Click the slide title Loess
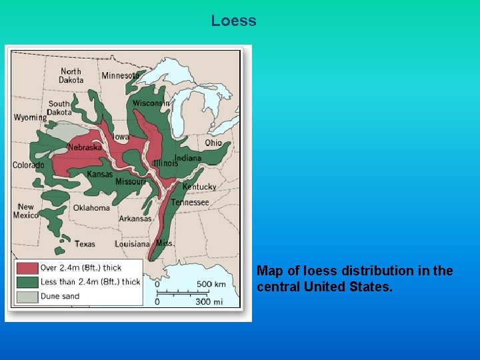point(233,21)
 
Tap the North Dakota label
point(71,76)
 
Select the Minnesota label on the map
point(121,75)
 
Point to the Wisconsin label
point(151,103)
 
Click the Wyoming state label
point(30,117)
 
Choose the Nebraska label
point(85,147)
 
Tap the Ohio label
point(213,143)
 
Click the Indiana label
point(187,158)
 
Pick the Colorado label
point(29,165)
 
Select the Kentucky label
point(199,187)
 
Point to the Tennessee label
point(190,202)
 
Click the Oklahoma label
point(91,208)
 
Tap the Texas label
point(85,244)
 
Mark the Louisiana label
point(132,244)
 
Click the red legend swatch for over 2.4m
point(27,268)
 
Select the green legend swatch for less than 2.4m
point(27,282)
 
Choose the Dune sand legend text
point(60,296)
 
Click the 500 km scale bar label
point(211,284)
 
